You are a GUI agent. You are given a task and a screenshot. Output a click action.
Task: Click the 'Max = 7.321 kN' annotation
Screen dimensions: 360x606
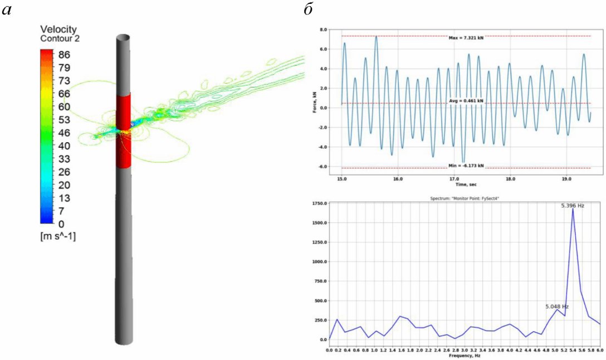click(466, 37)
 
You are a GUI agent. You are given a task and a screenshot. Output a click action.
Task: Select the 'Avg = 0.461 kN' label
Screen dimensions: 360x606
click(466, 101)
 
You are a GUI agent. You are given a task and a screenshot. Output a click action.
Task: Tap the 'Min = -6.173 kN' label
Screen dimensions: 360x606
click(466, 166)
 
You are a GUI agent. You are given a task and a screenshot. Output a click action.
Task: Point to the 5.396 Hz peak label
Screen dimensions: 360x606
click(572, 206)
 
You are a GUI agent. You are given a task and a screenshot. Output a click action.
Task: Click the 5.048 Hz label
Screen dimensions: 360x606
click(556, 307)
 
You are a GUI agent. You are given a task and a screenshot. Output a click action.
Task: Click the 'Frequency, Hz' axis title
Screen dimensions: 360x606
click(465, 355)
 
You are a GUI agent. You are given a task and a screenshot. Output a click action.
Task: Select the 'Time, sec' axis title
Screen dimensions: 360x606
click(465, 184)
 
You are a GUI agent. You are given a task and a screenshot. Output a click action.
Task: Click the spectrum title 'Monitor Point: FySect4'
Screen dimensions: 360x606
click(465, 199)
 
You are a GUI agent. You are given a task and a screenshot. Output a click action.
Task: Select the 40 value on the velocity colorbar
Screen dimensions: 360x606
click(65, 145)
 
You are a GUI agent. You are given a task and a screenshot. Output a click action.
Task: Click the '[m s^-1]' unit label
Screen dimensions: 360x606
click(58, 236)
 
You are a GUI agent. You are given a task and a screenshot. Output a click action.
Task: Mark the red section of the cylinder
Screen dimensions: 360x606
click(123, 131)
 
